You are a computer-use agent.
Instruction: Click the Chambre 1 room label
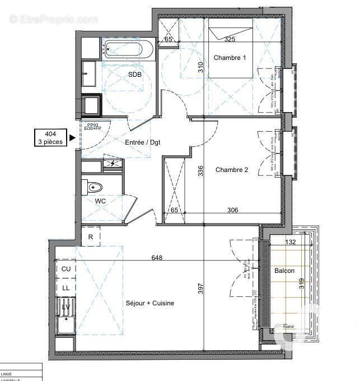[x=229, y=58]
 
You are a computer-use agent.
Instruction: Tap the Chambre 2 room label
[x=232, y=170]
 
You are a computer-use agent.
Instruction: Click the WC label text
[x=100, y=201]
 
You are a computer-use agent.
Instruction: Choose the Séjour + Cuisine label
[x=149, y=303]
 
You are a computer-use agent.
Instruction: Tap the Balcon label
[x=284, y=271]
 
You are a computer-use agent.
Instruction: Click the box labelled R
[x=91, y=237]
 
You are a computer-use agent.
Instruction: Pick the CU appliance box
[x=66, y=269]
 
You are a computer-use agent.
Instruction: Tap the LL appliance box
[x=66, y=287]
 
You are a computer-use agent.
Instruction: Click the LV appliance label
[x=66, y=306]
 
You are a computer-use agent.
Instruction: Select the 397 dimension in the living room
[x=200, y=289]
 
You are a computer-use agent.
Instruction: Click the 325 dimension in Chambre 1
[x=230, y=40]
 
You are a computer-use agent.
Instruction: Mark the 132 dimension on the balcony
[x=290, y=242]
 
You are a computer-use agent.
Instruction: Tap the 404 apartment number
[x=50, y=133]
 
